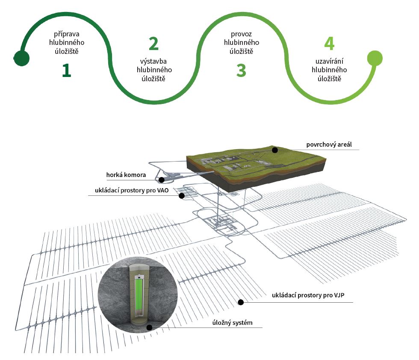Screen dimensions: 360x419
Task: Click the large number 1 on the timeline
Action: [66, 71]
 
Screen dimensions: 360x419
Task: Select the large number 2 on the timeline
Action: [153, 44]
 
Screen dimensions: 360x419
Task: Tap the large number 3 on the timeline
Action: [241, 71]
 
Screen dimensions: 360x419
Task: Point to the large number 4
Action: [329, 44]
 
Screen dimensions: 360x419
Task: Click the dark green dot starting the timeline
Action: [21, 58]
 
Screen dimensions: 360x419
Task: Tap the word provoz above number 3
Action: [242, 33]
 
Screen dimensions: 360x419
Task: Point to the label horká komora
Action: [126, 175]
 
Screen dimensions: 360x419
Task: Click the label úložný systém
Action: [235, 322]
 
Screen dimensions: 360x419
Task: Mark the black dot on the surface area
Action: [275, 150]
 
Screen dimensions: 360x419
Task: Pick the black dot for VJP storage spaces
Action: [241, 302]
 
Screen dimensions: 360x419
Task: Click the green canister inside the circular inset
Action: [139, 295]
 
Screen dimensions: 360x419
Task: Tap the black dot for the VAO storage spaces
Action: [182, 196]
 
